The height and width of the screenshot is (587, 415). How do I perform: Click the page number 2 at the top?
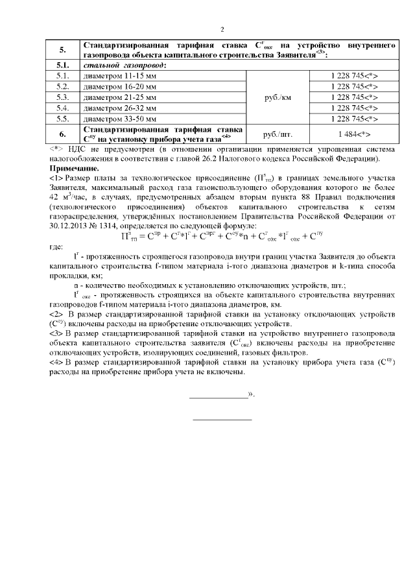[x=222, y=29]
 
